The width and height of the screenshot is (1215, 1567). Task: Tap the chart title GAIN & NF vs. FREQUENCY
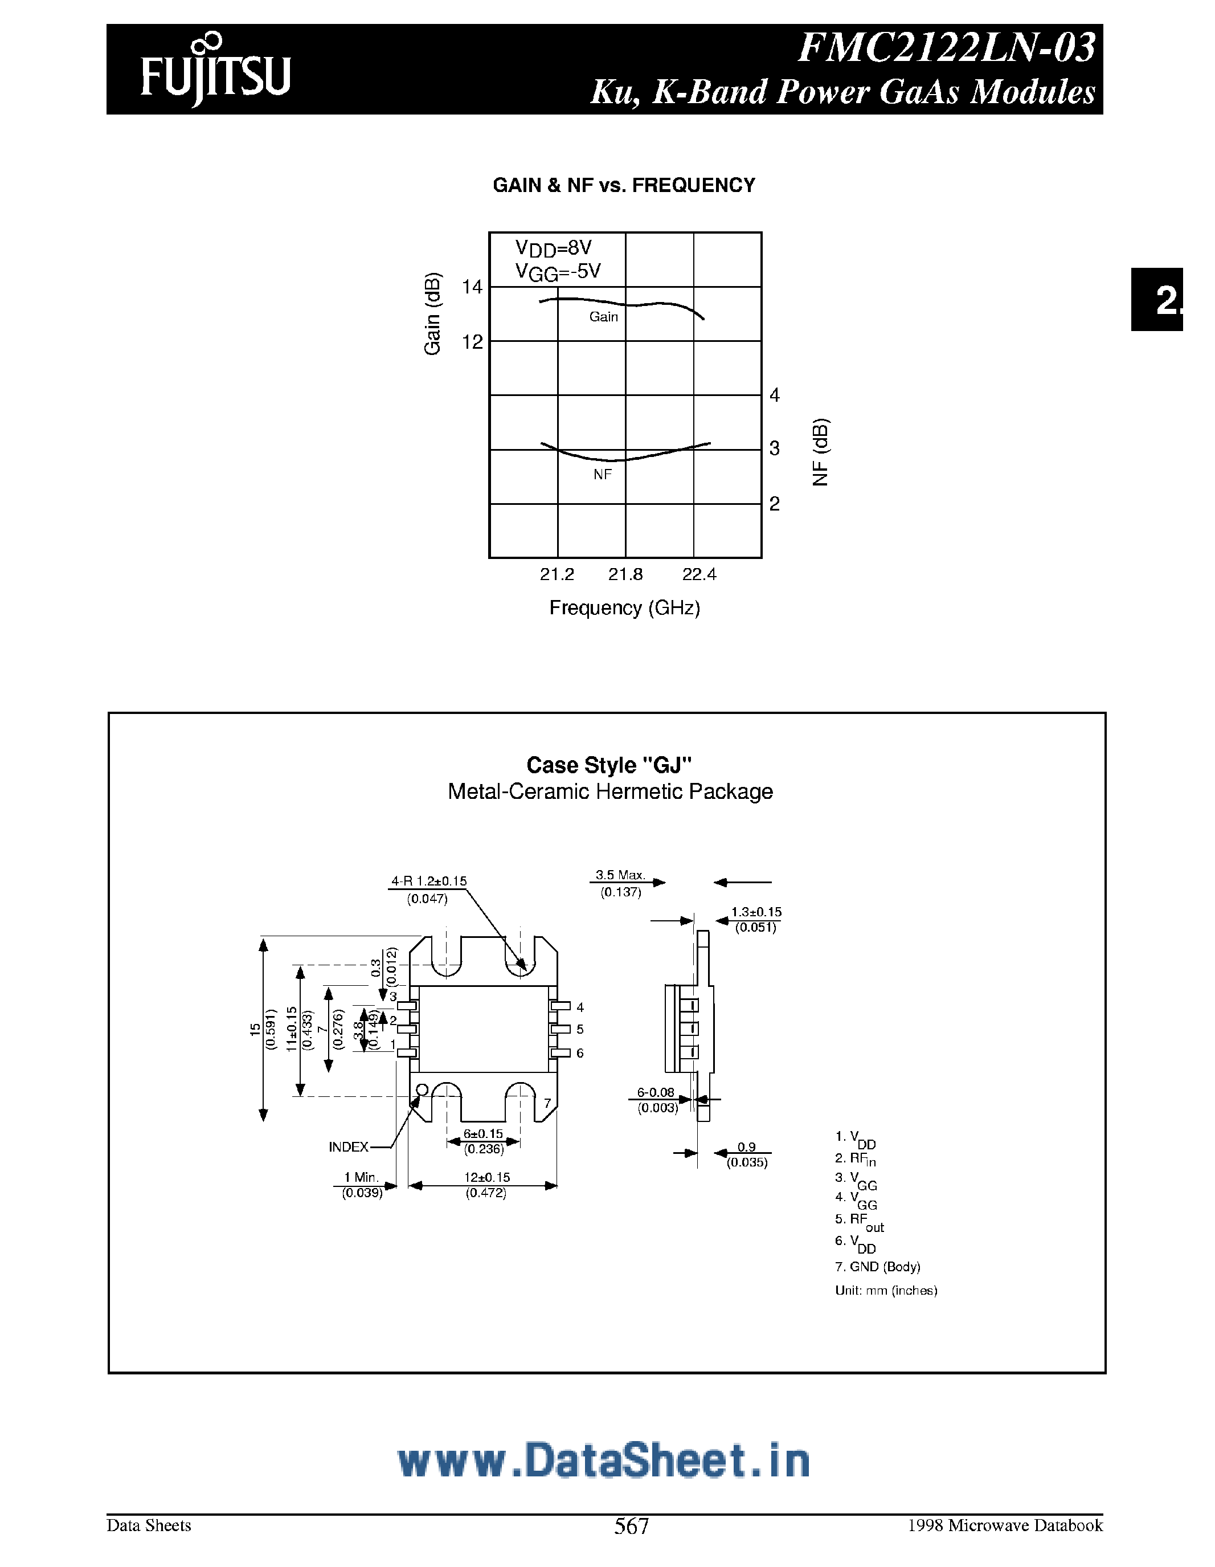(623, 186)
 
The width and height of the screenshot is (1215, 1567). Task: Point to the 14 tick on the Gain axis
(472, 287)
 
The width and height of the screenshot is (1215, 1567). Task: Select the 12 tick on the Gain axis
(472, 342)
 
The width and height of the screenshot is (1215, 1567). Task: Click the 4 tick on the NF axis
(775, 395)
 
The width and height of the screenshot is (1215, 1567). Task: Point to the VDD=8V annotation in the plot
(553, 248)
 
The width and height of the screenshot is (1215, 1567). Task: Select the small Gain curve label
(603, 316)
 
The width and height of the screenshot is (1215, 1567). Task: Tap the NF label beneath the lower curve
(603, 474)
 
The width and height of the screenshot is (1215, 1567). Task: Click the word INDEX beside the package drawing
(349, 1147)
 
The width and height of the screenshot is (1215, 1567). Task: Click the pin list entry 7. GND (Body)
(877, 1267)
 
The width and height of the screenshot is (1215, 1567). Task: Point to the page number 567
(631, 1525)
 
